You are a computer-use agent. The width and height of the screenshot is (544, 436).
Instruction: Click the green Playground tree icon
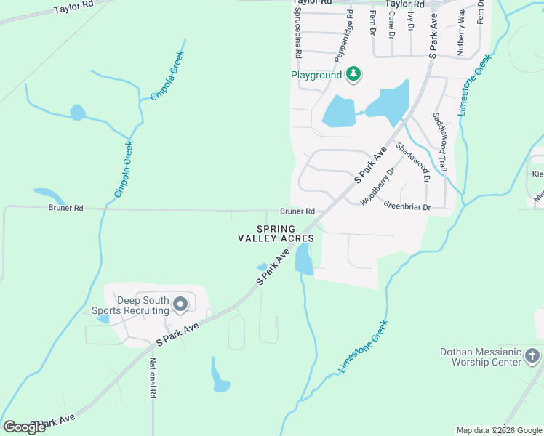point(353,74)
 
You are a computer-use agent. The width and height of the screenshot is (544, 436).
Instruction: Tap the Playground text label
point(316,75)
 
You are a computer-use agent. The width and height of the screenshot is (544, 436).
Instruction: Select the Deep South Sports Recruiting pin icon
point(180,304)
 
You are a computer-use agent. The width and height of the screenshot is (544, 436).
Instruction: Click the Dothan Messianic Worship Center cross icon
point(532,356)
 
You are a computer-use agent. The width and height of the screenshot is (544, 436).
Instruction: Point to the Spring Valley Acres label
point(276,233)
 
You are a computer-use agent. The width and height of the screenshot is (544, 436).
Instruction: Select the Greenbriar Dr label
point(407,207)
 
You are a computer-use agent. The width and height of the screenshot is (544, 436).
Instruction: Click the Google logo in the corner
point(24,427)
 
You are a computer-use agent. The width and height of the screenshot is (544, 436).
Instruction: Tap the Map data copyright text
point(499,430)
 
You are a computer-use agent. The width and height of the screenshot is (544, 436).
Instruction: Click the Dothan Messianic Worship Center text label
point(481,357)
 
